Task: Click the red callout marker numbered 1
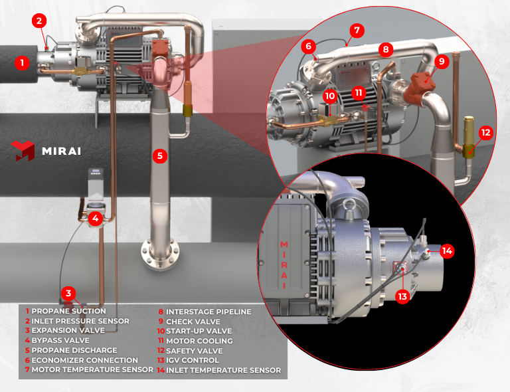pyautogui.click(x=23, y=63)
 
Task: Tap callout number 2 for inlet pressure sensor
pyautogui.click(x=40, y=21)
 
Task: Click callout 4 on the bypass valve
pyautogui.click(x=96, y=217)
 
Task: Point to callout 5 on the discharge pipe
pyautogui.click(x=159, y=156)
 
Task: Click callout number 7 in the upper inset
pyautogui.click(x=357, y=31)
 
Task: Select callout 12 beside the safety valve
pyautogui.click(x=485, y=132)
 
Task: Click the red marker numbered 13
pyautogui.click(x=402, y=296)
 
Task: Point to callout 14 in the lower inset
pyautogui.click(x=448, y=250)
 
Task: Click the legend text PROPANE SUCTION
pyautogui.click(x=68, y=311)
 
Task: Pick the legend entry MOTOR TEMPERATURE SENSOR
pyautogui.click(x=92, y=370)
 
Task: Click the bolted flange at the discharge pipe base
pyautogui.click(x=159, y=253)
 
